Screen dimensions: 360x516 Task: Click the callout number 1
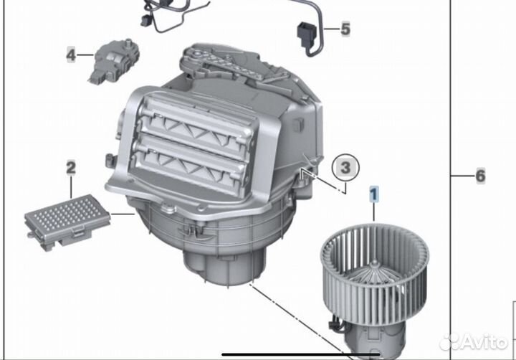click(x=373, y=192)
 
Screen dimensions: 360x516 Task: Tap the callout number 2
click(x=71, y=169)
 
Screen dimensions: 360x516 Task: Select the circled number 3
click(x=345, y=168)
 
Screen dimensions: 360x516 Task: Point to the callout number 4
click(x=71, y=54)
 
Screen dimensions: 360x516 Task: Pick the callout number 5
click(x=345, y=29)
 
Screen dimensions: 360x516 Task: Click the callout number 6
click(x=479, y=176)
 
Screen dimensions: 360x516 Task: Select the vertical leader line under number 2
click(x=71, y=187)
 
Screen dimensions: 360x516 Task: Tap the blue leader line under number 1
click(x=373, y=212)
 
